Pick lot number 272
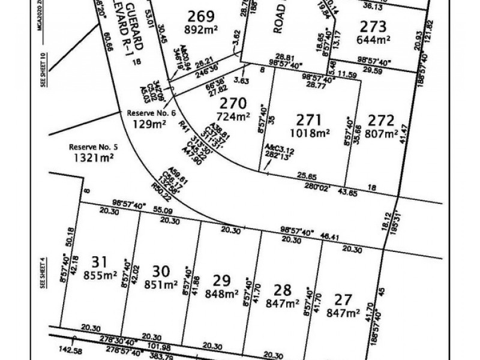(x=382, y=119)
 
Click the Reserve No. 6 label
(x=151, y=112)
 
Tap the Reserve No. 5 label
(x=92, y=146)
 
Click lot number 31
(x=100, y=262)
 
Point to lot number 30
(x=160, y=271)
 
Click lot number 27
(x=343, y=298)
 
